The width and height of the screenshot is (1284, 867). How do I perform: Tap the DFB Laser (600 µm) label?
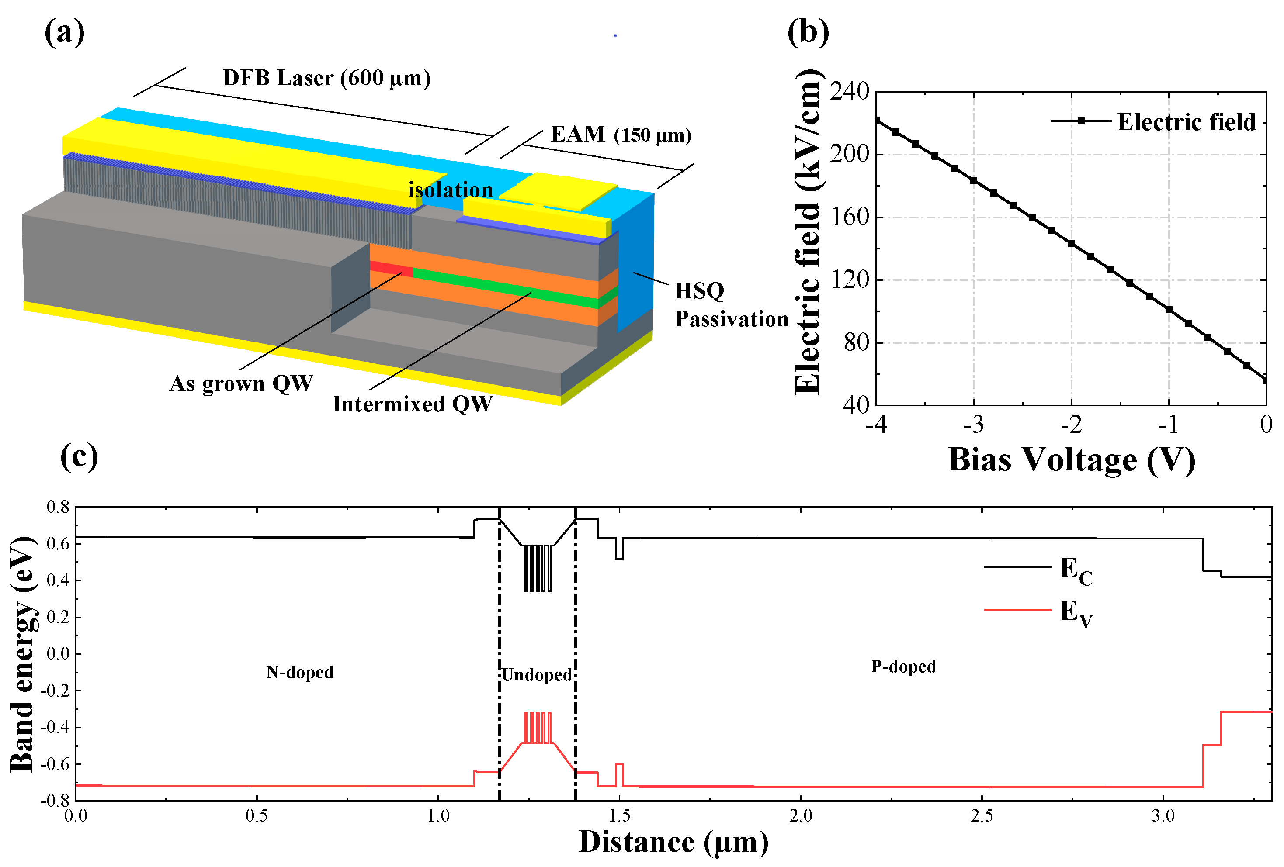click(326, 78)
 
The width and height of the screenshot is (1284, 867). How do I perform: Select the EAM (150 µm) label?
click(621, 134)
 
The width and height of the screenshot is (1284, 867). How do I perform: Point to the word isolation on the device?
click(450, 190)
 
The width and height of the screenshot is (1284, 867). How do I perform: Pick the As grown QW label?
click(241, 383)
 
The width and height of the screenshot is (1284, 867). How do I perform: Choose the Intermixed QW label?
click(412, 404)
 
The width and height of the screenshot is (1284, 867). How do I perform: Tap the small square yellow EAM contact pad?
click(558, 190)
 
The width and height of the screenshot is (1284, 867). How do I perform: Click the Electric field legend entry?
click(1185, 121)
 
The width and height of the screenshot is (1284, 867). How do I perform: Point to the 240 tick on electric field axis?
click(849, 91)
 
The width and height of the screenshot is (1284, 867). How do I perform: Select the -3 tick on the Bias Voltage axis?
click(974, 424)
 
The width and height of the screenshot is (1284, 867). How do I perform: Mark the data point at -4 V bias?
click(877, 121)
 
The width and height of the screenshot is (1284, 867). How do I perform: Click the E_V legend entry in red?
click(1075, 612)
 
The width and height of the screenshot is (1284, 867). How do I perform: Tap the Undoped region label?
click(537, 674)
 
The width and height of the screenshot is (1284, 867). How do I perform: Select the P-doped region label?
click(903, 666)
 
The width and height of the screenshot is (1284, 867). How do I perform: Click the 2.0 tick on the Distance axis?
click(800, 815)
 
